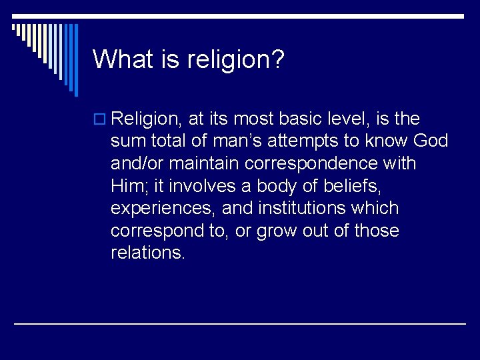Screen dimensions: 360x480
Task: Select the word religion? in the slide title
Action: (235, 60)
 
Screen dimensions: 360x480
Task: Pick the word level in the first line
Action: (346, 119)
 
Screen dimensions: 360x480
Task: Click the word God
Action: (431, 141)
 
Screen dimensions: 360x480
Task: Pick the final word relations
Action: (149, 253)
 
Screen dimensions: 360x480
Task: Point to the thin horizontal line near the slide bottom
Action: (240, 323)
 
